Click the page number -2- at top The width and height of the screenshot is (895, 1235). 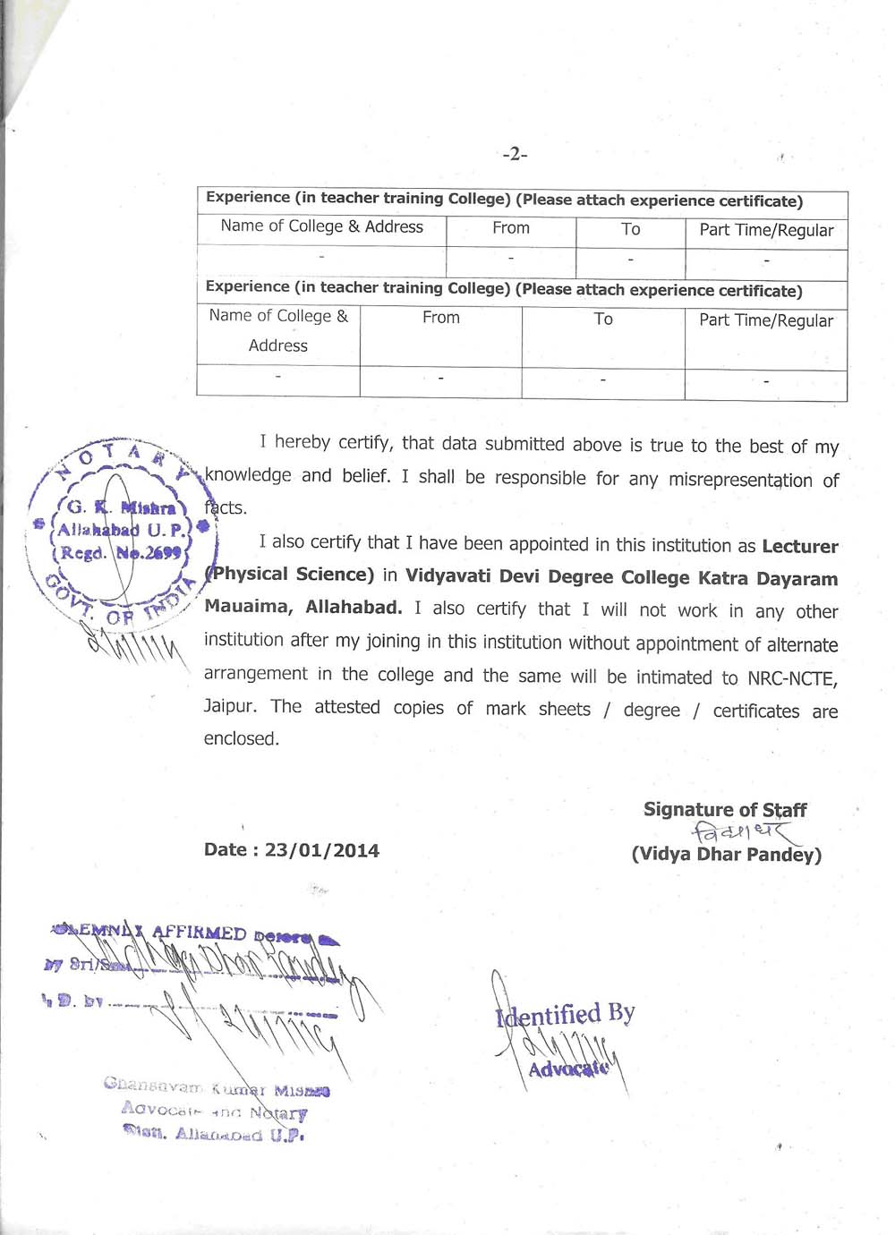pos(515,155)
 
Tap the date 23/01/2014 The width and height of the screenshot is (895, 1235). pos(322,850)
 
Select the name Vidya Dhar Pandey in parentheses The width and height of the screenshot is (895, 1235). pos(726,855)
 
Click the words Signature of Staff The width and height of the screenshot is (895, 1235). pos(725,810)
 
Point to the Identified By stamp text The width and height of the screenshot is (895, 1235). pos(566,1015)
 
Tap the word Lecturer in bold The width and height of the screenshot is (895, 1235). pos(800,547)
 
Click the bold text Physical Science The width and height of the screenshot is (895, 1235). pos(290,575)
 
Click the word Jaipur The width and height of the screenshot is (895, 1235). pos(229,706)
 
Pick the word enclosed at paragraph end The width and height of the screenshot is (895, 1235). pos(242,739)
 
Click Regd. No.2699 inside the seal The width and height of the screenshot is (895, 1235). pos(122,553)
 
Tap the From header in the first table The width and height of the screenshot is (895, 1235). pos(511,228)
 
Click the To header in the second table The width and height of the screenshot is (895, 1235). pos(603,319)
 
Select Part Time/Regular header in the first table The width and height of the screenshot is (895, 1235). pos(766,230)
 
